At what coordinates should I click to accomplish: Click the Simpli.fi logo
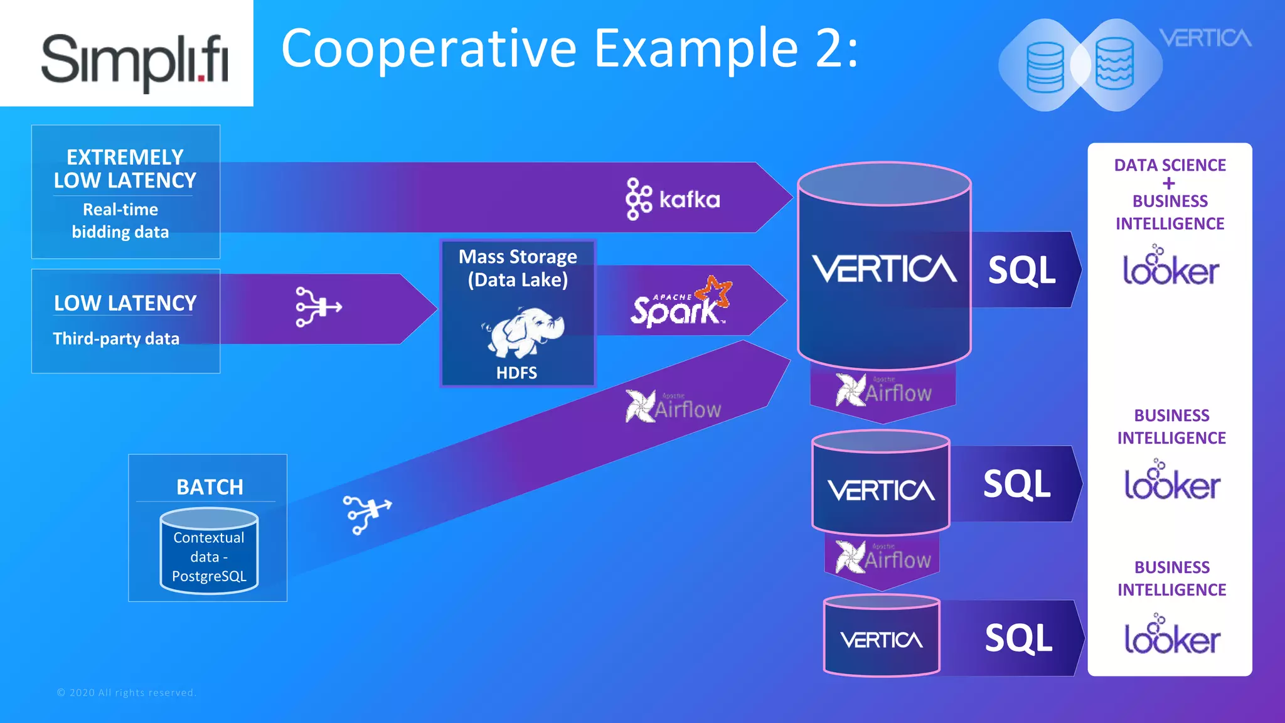tap(134, 60)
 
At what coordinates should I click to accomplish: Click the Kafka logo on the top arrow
tap(673, 199)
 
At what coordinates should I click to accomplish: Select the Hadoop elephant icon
tap(523, 332)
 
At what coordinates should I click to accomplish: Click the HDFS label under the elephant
tap(516, 373)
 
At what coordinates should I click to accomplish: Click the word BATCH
tap(210, 487)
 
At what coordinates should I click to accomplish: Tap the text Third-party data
tap(116, 339)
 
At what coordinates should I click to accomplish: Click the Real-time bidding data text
tap(120, 221)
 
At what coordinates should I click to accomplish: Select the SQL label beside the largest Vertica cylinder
tap(1021, 270)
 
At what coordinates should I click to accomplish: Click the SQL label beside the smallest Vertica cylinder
tap(1018, 638)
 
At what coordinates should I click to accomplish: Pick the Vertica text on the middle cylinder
tap(881, 491)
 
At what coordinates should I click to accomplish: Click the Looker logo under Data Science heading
tap(1170, 267)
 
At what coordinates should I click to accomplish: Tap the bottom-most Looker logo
tap(1171, 635)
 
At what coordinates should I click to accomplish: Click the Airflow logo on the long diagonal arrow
tap(673, 407)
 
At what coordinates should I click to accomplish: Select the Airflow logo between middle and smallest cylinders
tap(883, 557)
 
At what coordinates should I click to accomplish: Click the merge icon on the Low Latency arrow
tap(318, 307)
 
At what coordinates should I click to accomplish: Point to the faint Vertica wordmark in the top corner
tap(1205, 38)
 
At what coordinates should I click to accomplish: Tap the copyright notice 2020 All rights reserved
tap(127, 693)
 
